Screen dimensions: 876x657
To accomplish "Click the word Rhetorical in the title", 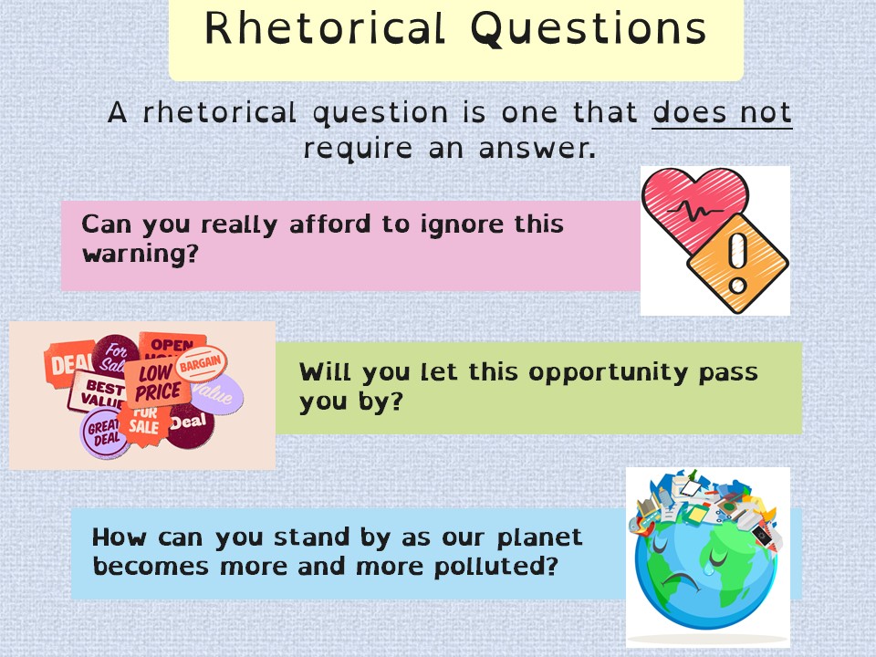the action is coord(325,28).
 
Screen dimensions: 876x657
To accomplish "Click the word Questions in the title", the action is coord(589,29).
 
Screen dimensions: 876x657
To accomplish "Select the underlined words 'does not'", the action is coord(722,112).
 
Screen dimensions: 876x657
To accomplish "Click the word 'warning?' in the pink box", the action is coord(141,255).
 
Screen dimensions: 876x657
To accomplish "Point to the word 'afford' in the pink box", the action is coord(329,224).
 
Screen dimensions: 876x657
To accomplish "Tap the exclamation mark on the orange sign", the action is coord(737,263).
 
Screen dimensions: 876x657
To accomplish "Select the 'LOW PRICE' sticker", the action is coord(155,382).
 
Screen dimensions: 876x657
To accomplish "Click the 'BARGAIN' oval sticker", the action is coord(201,364).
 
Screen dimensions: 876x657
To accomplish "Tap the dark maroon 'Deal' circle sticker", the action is coord(190,424).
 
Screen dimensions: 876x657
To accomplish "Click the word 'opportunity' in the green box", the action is coord(609,373).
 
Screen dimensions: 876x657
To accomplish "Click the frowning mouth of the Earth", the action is coord(681,581).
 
